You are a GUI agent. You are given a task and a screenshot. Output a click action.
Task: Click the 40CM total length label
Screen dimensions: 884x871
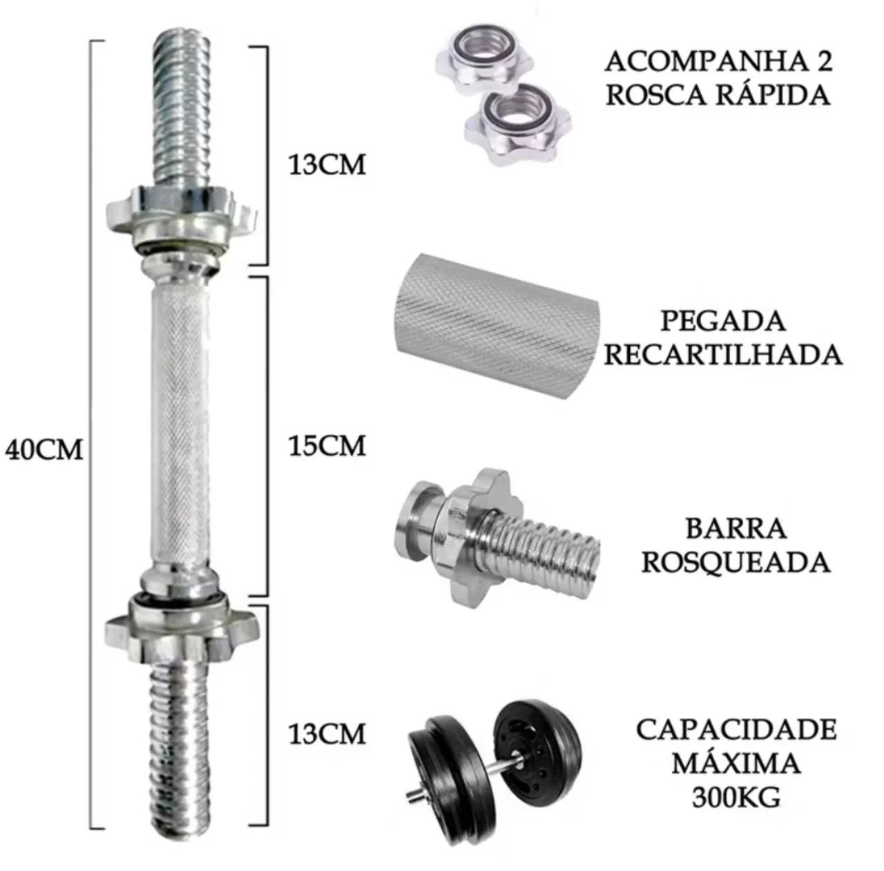pyautogui.click(x=44, y=450)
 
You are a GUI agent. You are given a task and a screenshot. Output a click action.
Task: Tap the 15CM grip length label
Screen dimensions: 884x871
pyautogui.click(x=327, y=446)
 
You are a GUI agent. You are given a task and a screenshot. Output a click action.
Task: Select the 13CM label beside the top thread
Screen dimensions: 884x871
pyautogui.click(x=327, y=165)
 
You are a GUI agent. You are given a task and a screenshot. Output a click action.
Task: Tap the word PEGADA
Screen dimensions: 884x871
pyautogui.click(x=723, y=321)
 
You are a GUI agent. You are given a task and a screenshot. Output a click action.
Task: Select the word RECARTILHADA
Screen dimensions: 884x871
pyautogui.click(x=723, y=355)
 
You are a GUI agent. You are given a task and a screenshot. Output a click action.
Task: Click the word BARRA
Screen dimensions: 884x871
pyautogui.click(x=736, y=529)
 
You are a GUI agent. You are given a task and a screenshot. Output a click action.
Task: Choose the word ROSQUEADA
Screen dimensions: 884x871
pyautogui.click(x=736, y=562)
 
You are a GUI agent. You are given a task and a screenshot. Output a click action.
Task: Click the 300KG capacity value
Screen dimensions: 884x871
pyautogui.click(x=736, y=798)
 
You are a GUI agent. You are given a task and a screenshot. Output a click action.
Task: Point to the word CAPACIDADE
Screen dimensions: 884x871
pyautogui.click(x=736, y=730)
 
